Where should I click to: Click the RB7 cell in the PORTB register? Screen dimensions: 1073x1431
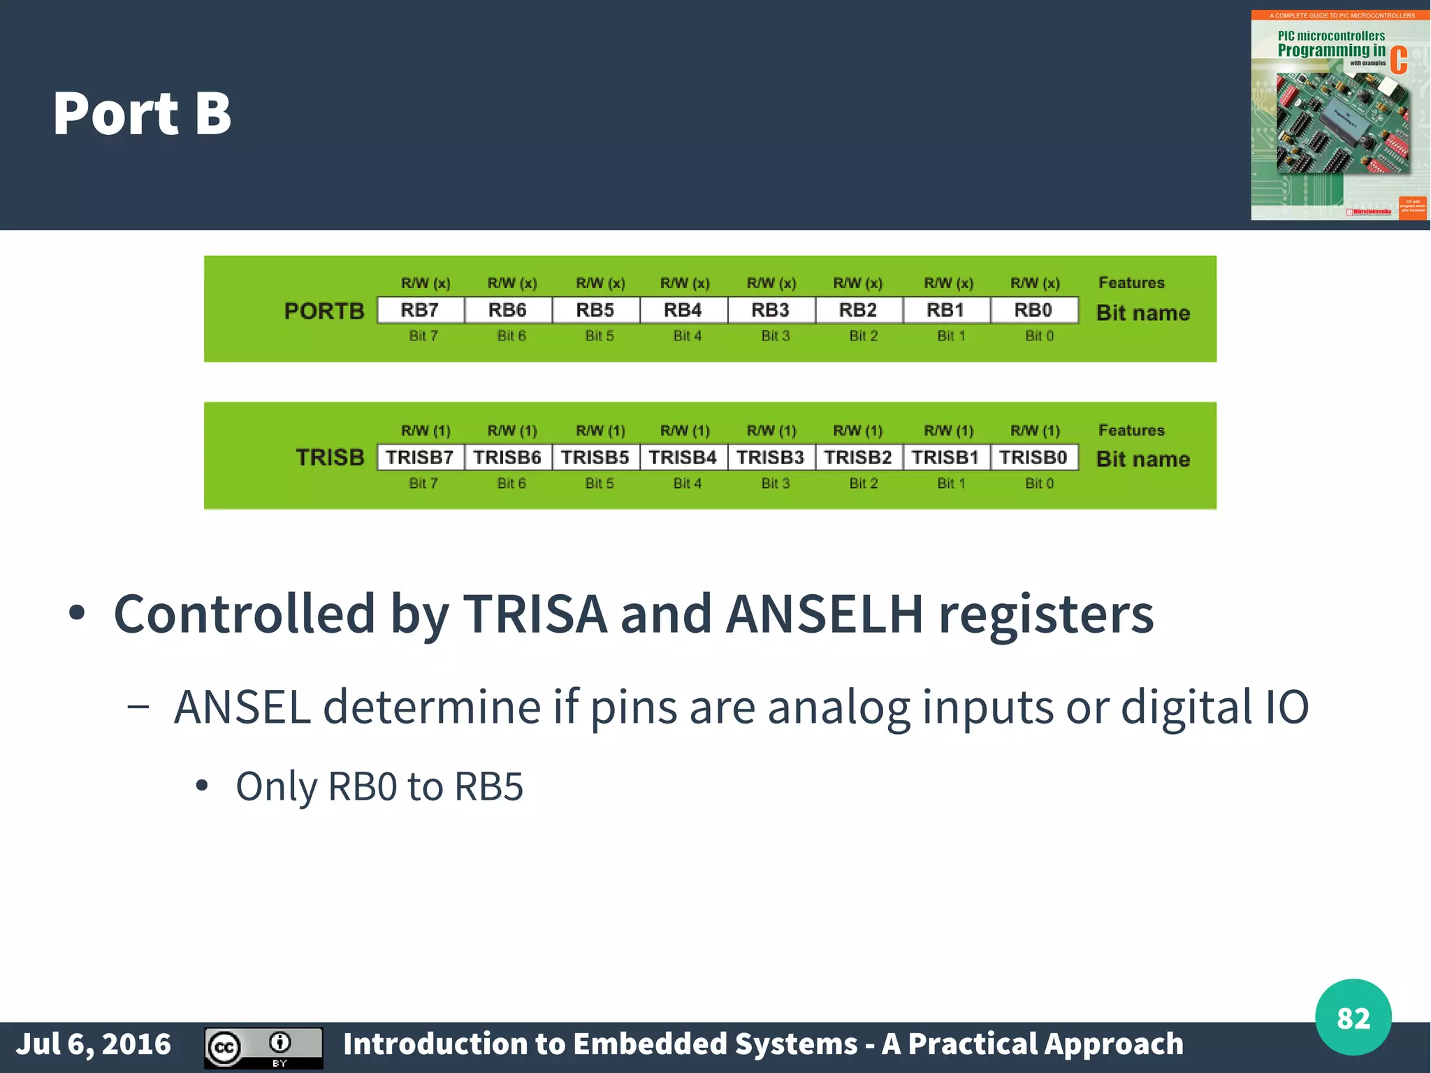(420, 310)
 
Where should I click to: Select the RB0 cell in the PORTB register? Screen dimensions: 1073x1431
(1033, 310)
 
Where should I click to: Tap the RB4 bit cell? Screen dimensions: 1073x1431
(683, 310)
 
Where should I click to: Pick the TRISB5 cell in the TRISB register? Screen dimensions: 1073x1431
(595, 458)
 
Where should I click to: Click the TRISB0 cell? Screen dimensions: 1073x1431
(1033, 458)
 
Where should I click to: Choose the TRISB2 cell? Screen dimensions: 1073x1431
(858, 458)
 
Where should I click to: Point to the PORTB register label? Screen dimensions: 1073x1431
(324, 311)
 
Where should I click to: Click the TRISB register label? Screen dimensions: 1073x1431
(330, 458)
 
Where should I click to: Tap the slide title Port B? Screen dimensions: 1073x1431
(142, 114)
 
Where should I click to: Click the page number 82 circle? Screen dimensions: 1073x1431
(1353, 1018)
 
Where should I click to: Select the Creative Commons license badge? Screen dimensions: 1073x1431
(263, 1047)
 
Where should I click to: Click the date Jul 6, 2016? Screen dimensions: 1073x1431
(94, 1044)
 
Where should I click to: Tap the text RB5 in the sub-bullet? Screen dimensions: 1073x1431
(488, 786)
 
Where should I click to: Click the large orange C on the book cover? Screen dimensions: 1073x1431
(1398, 61)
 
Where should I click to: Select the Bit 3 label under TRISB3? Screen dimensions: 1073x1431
(776, 484)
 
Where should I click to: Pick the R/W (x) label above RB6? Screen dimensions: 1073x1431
(512, 284)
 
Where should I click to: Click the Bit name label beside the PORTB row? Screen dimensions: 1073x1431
(1142, 313)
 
